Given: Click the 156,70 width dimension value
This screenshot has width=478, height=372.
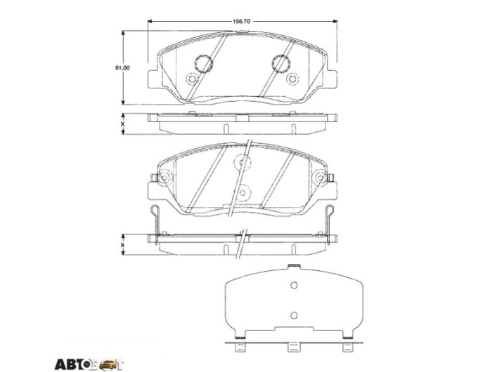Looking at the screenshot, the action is (242, 21).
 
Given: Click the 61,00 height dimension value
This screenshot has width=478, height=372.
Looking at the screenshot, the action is (122, 68).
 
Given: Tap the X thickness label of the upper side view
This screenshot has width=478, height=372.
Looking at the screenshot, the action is (123, 124).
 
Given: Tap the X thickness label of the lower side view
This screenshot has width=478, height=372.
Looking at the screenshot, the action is (123, 245).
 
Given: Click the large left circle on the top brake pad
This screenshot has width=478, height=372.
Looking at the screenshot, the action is (203, 64).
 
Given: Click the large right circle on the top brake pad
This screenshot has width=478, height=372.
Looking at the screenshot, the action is (280, 64).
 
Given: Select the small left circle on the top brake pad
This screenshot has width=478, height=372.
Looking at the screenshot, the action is (192, 79).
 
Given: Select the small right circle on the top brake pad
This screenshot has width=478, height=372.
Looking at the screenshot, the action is (292, 79).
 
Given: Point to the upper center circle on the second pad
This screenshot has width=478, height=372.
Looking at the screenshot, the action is (243, 162).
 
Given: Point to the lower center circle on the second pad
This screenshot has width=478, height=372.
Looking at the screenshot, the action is (243, 192).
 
